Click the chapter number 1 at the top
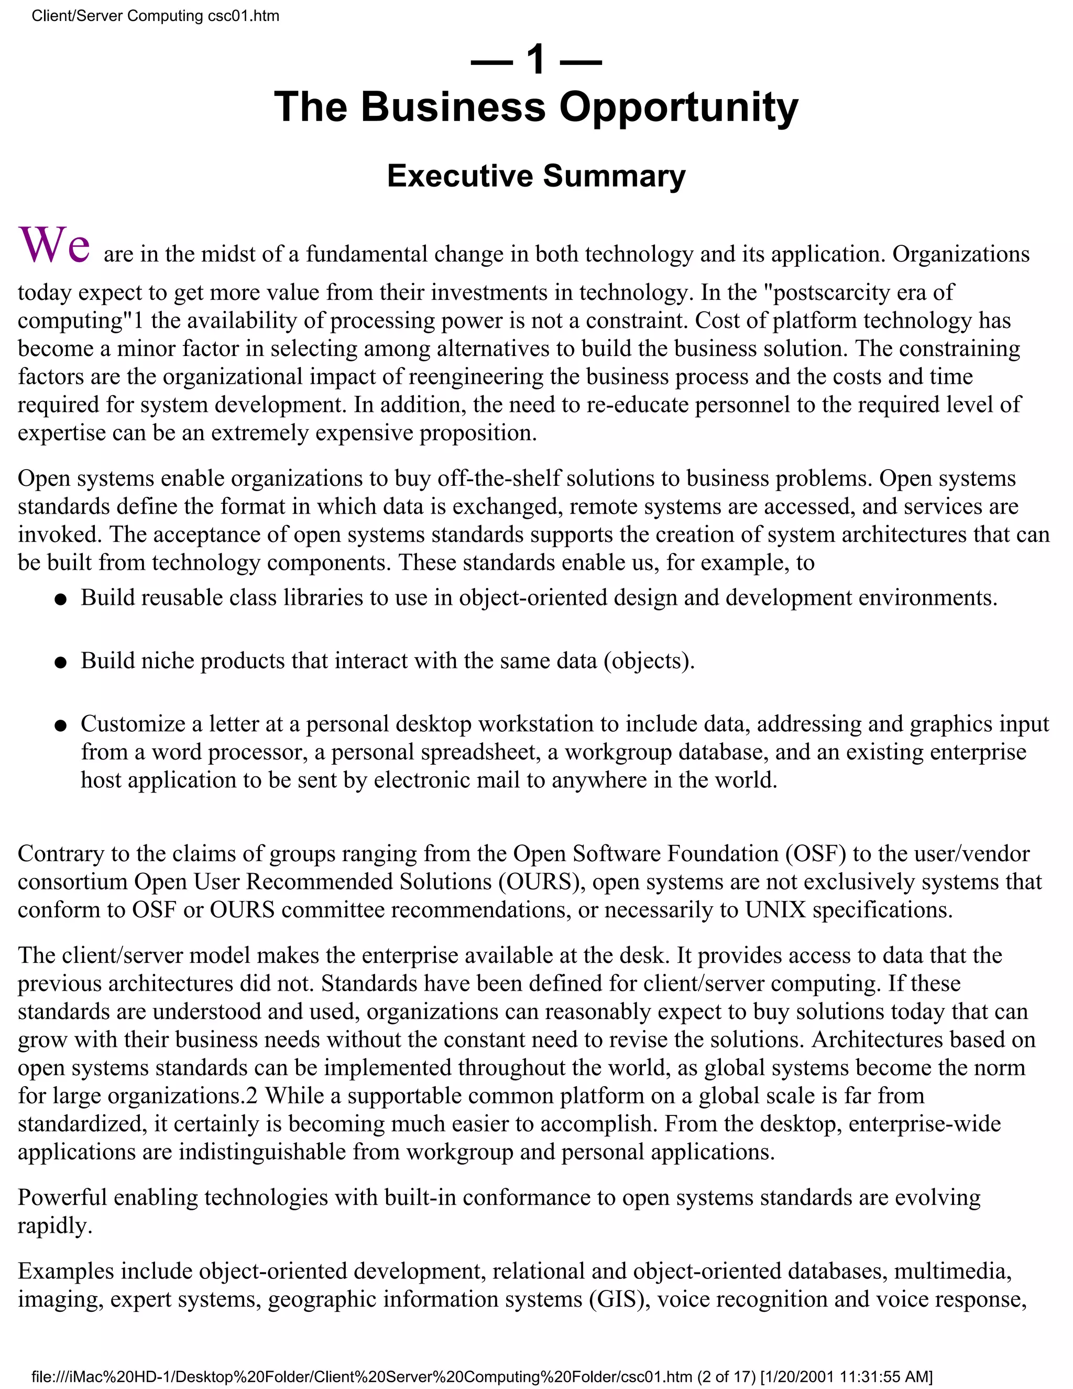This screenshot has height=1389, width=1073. (536, 60)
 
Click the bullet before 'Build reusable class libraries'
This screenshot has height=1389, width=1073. (60, 600)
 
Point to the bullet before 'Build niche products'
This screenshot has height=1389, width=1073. (60, 663)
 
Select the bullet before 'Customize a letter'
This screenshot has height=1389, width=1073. (60, 725)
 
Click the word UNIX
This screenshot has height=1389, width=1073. (775, 909)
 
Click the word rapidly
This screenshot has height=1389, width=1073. (54, 1225)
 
